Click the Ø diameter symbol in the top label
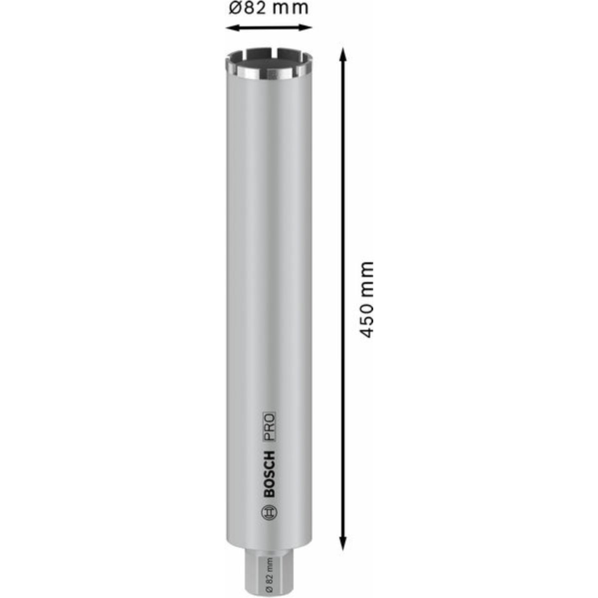click(235, 8)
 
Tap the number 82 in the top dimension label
click(253, 8)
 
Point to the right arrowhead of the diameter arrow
click(305, 28)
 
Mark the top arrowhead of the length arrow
click(342, 54)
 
